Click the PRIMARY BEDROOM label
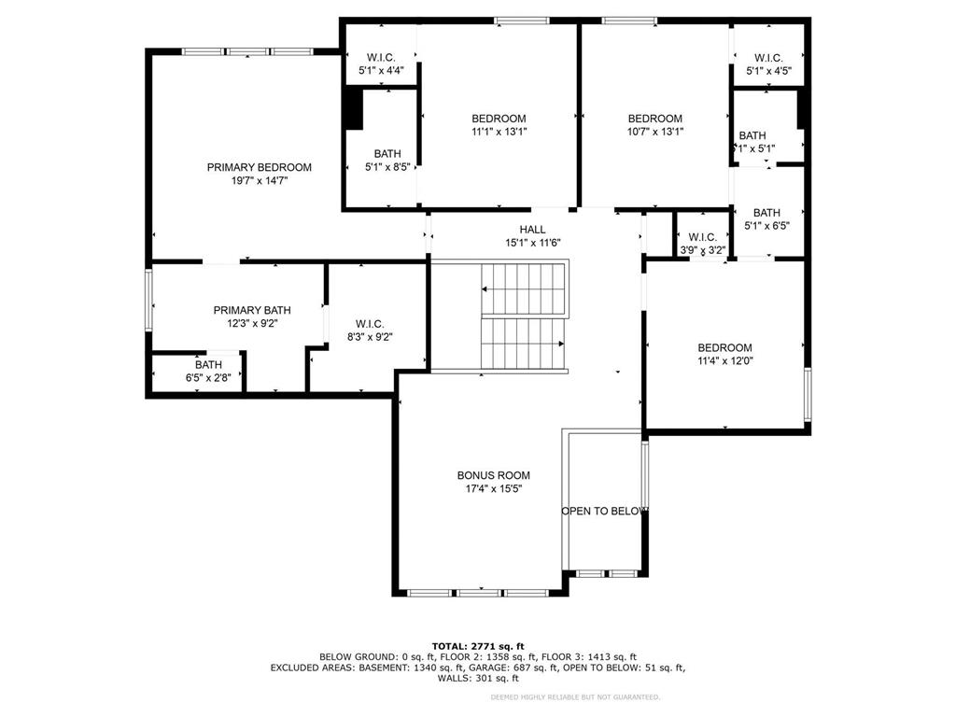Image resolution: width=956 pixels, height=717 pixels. [259, 167]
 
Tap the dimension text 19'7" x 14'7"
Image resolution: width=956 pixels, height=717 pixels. [259, 181]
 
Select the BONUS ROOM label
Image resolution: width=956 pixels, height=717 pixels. [493, 475]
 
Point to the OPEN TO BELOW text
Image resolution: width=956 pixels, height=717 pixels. [604, 511]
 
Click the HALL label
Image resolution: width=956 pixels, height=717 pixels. [532, 230]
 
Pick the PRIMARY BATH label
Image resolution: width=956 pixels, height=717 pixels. [251, 310]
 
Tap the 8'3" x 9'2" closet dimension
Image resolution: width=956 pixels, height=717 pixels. [369, 337]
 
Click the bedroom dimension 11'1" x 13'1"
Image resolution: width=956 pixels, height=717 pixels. [498, 132]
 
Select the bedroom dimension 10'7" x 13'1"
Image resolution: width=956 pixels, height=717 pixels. [654, 132]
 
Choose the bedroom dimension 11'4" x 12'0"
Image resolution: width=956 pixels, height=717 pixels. [724, 361]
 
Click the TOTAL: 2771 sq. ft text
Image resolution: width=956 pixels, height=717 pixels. [477, 646]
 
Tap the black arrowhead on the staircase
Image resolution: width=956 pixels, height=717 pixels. [561, 344]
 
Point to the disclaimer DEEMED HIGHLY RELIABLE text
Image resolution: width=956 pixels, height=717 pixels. [588, 696]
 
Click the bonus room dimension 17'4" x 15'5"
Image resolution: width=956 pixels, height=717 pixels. [493, 488]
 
